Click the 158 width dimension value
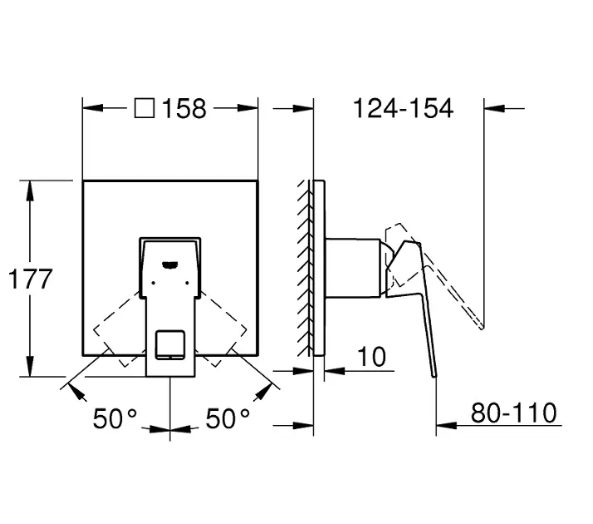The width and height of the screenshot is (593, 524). coord(184,109)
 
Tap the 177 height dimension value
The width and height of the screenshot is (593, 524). coord(30,279)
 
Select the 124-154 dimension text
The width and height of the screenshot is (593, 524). coord(403,108)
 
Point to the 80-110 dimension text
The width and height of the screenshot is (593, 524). coord(513,413)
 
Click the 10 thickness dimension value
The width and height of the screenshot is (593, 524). coord(372,356)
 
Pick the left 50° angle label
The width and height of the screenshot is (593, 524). coord(115,418)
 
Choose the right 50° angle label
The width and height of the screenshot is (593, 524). coord(228,418)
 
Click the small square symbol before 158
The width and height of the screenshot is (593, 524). coord(145,108)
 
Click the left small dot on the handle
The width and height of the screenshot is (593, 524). coord(153,283)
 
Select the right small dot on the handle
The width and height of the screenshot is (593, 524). coord(187,283)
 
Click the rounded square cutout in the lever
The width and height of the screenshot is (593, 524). coord(170,344)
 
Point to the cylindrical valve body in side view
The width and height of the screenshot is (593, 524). coord(353,268)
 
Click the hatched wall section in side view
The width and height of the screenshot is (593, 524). coord(306,268)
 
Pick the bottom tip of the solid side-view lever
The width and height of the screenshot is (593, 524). coord(435,377)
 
